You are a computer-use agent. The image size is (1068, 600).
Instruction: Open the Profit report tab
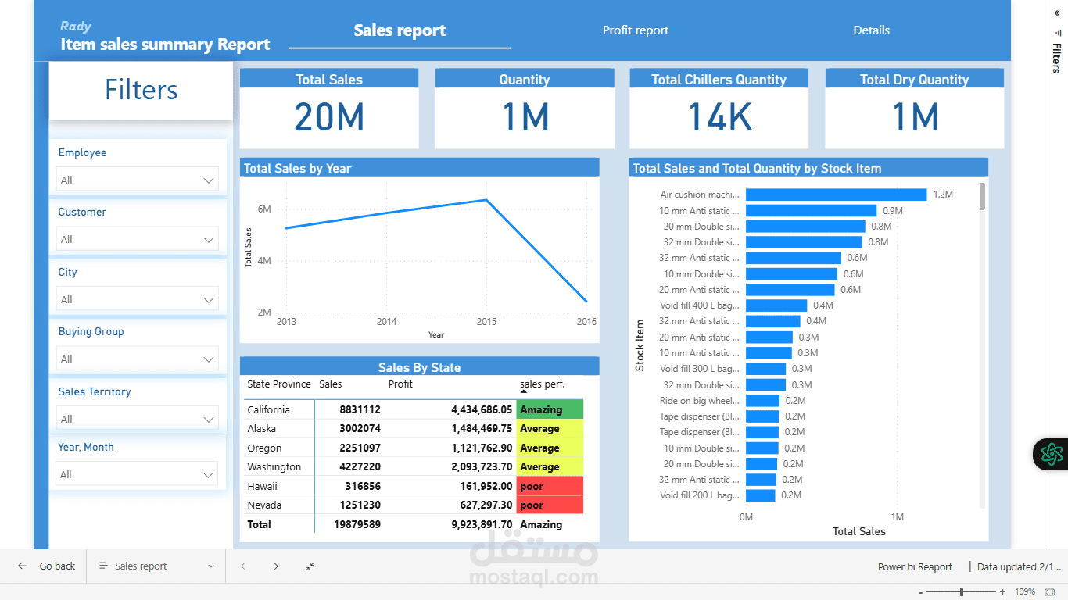click(x=635, y=30)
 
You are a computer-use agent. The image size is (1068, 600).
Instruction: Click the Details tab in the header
click(x=871, y=30)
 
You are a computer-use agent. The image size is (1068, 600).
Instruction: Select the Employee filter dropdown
click(x=137, y=180)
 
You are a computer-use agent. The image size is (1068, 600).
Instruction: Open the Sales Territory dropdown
click(x=137, y=419)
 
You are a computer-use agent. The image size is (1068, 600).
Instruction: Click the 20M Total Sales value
click(x=329, y=117)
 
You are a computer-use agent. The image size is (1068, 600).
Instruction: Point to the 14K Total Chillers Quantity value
click(x=719, y=117)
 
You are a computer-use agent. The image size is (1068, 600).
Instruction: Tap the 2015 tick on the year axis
click(x=486, y=322)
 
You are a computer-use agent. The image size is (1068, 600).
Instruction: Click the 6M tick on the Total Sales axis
click(x=264, y=209)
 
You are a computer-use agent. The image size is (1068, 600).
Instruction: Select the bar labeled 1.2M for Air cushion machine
click(x=836, y=195)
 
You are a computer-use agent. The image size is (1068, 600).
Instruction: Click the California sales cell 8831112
click(x=360, y=409)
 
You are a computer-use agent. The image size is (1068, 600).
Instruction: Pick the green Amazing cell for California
click(x=550, y=409)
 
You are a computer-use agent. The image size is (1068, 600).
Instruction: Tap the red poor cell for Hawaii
click(x=550, y=486)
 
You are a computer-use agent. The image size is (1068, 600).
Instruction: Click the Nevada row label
click(x=264, y=505)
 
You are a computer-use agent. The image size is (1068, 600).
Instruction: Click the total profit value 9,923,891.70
click(x=482, y=525)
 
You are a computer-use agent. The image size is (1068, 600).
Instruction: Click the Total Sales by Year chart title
click(x=298, y=168)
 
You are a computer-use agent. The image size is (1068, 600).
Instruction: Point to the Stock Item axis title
click(x=640, y=345)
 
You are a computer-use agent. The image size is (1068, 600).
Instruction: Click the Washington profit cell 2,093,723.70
click(x=482, y=467)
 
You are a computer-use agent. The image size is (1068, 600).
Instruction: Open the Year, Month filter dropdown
click(x=137, y=474)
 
